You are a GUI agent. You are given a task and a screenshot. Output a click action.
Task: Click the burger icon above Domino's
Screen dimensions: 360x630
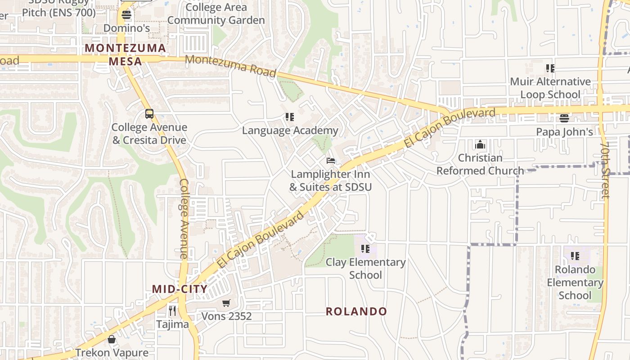tap(126, 15)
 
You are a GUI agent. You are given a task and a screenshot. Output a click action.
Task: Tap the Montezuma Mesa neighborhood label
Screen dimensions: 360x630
tap(126, 54)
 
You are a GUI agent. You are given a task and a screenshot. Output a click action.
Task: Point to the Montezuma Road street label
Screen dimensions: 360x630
tap(230, 66)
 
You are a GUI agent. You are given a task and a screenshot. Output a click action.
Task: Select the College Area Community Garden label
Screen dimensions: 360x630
tap(216, 14)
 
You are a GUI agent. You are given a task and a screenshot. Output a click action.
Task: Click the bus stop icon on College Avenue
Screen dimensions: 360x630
tap(149, 114)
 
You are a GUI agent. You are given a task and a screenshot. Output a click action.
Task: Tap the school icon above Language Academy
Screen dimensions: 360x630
tap(290, 117)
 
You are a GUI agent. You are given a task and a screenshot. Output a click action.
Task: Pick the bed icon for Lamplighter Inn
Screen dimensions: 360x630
tap(331, 161)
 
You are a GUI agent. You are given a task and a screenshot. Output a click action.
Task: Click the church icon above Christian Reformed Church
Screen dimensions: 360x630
tap(480, 145)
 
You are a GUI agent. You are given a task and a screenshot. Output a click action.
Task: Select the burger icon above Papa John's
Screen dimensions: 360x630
tap(564, 119)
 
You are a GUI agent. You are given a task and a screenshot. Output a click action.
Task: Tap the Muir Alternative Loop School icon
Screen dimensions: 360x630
tap(550, 68)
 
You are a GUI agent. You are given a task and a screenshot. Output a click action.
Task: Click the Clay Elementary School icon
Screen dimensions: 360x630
tap(365, 249)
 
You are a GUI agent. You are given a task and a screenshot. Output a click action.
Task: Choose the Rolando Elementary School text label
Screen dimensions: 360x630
tap(575, 283)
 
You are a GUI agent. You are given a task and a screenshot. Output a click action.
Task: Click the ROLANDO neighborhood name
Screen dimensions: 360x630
tap(356, 311)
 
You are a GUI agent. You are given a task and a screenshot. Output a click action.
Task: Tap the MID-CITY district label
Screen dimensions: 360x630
tap(180, 289)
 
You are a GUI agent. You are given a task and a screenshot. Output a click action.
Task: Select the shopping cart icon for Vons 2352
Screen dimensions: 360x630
tap(226, 303)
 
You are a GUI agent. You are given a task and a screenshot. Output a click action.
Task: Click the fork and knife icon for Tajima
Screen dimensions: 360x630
tap(172, 310)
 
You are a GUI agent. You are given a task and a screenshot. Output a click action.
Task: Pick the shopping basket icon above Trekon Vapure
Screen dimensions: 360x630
tap(112, 339)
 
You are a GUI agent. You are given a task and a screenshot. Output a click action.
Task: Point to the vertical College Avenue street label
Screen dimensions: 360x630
tap(184, 218)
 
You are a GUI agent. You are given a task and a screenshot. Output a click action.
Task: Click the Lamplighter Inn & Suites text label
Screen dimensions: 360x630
tap(331, 180)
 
